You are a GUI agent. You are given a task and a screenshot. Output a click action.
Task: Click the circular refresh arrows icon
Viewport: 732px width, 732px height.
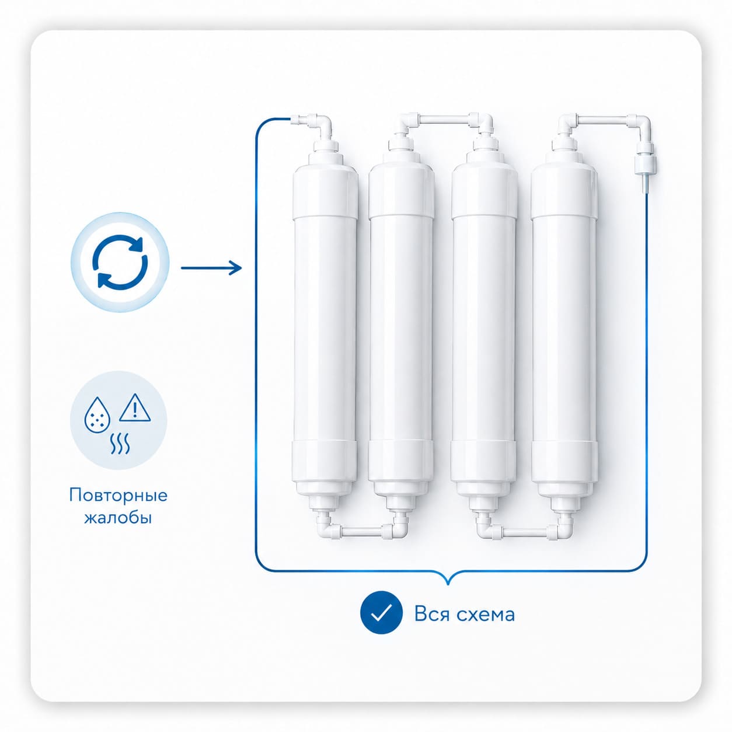(120, 262)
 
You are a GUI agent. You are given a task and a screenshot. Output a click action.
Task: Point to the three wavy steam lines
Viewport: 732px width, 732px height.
(120, 443)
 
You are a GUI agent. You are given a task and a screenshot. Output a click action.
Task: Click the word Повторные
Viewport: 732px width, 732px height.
(118, 496)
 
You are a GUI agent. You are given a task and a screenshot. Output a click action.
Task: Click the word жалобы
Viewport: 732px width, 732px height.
(118, 518)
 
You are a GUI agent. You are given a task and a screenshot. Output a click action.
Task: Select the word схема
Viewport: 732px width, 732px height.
(486, 614)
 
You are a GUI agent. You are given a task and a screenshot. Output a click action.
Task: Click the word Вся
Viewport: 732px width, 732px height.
(433, 614)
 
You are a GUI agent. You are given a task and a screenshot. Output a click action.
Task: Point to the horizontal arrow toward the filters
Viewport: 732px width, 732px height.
(211, 268)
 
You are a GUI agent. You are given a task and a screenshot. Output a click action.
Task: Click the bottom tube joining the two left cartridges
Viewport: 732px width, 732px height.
(363, 531)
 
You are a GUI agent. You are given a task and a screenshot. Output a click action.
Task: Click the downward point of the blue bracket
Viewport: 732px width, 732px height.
(449, 584)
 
